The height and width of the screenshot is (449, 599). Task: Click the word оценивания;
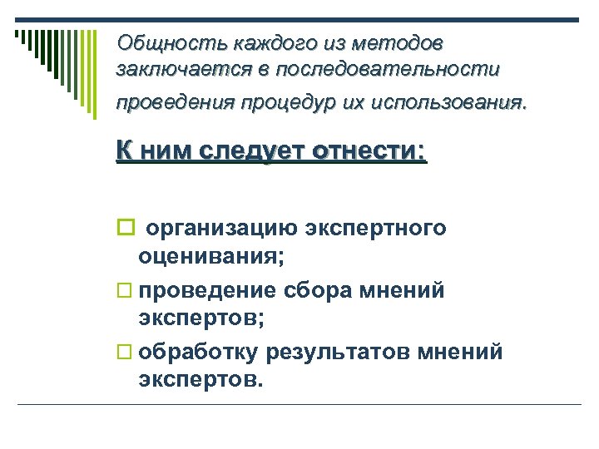211,258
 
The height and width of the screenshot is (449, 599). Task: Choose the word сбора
319,290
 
